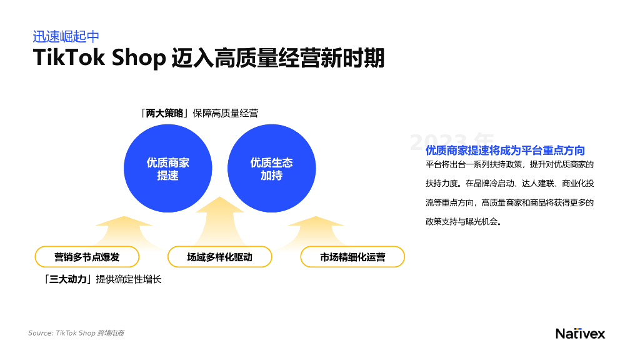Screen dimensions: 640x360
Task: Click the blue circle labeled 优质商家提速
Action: click(x=168, y=169)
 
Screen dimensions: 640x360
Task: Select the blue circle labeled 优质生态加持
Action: click(x=271, y=169)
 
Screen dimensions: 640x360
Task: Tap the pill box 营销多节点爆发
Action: click(x=87, y=257)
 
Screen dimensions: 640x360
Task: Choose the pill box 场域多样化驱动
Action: click(x=220, y=257)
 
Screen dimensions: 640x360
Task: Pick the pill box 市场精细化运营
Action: click(x=352, y=257)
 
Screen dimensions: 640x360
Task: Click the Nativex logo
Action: click(x=580, y=333)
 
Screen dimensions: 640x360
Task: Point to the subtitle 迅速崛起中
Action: click(x=66, y=37)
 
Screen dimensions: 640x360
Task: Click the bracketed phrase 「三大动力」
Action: click(x=69, y=279)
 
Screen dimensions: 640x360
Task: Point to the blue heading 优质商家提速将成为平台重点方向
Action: click(x=505, y=150)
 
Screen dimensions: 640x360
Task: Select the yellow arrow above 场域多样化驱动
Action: click(x=220, y=219)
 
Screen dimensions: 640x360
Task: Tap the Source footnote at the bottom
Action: click(x=76, y=333)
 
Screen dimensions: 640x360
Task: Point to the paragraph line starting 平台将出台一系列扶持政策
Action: click(x=509, y=164)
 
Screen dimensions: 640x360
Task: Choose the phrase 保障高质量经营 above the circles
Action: click(x=226, y=113)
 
